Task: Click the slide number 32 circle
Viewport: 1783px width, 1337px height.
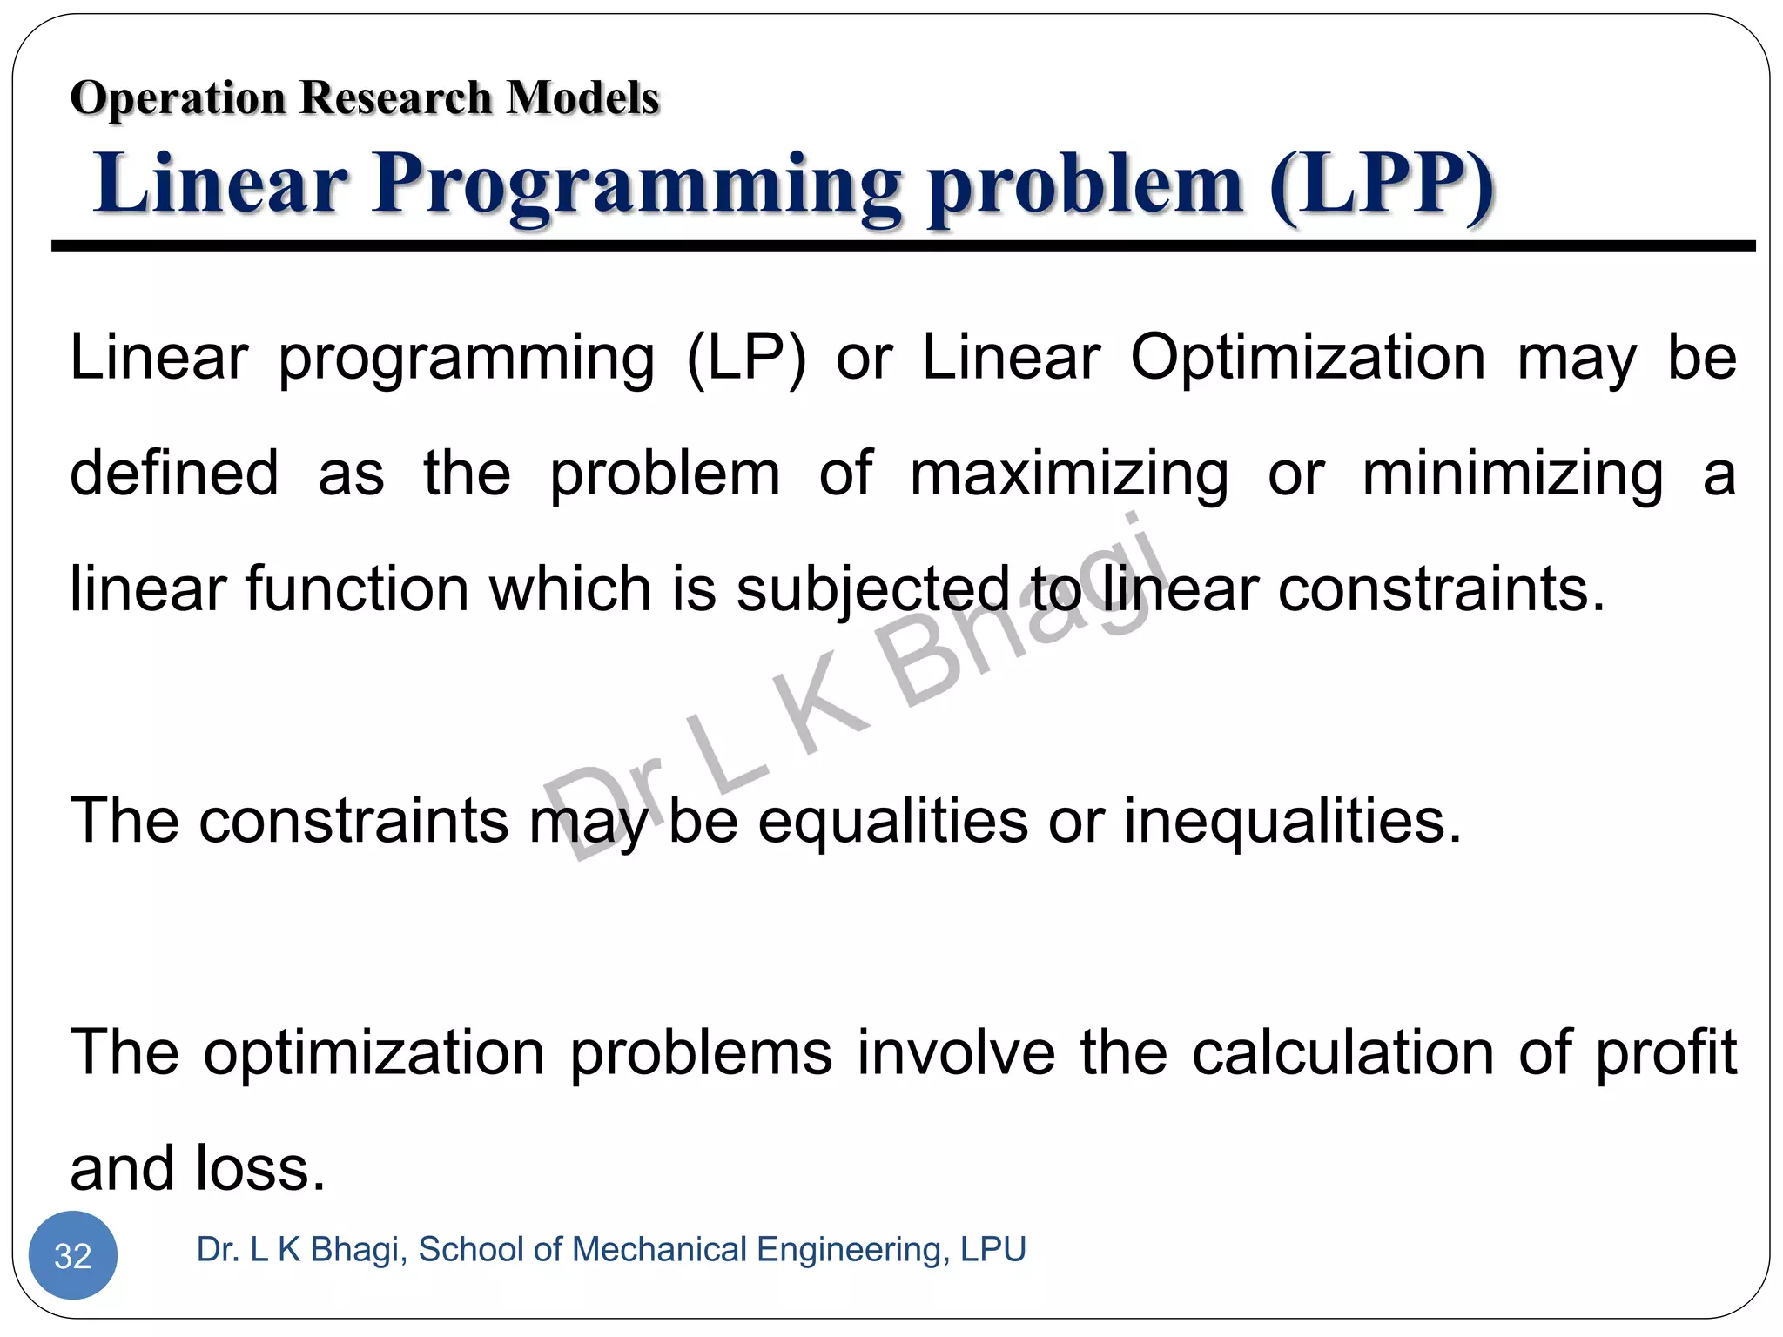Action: pyautogui.click(x=73, y=1254)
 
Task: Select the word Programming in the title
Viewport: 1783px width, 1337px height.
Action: pyautogui.click(x=637, y=185)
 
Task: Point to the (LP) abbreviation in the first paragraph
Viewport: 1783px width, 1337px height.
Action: pyautogui.click(x=746, y=358)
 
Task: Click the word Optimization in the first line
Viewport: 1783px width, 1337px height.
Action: pyautogui.click(x=1308, y=358)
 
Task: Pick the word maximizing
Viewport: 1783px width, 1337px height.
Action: pyautogui.click(x=1069, y=474)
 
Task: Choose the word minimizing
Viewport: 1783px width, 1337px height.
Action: pyautogui.click(x=1512, y=474)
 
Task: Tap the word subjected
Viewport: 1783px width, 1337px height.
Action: pyautogui.click(x=873, y=590)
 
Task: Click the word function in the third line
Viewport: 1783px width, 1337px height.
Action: pyautogui.click(x=357, y=589)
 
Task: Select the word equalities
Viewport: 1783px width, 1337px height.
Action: pyautogui.click(x=893, y=821)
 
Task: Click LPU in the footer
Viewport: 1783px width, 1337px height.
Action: pyautogui.click(x=993, y=1249)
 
